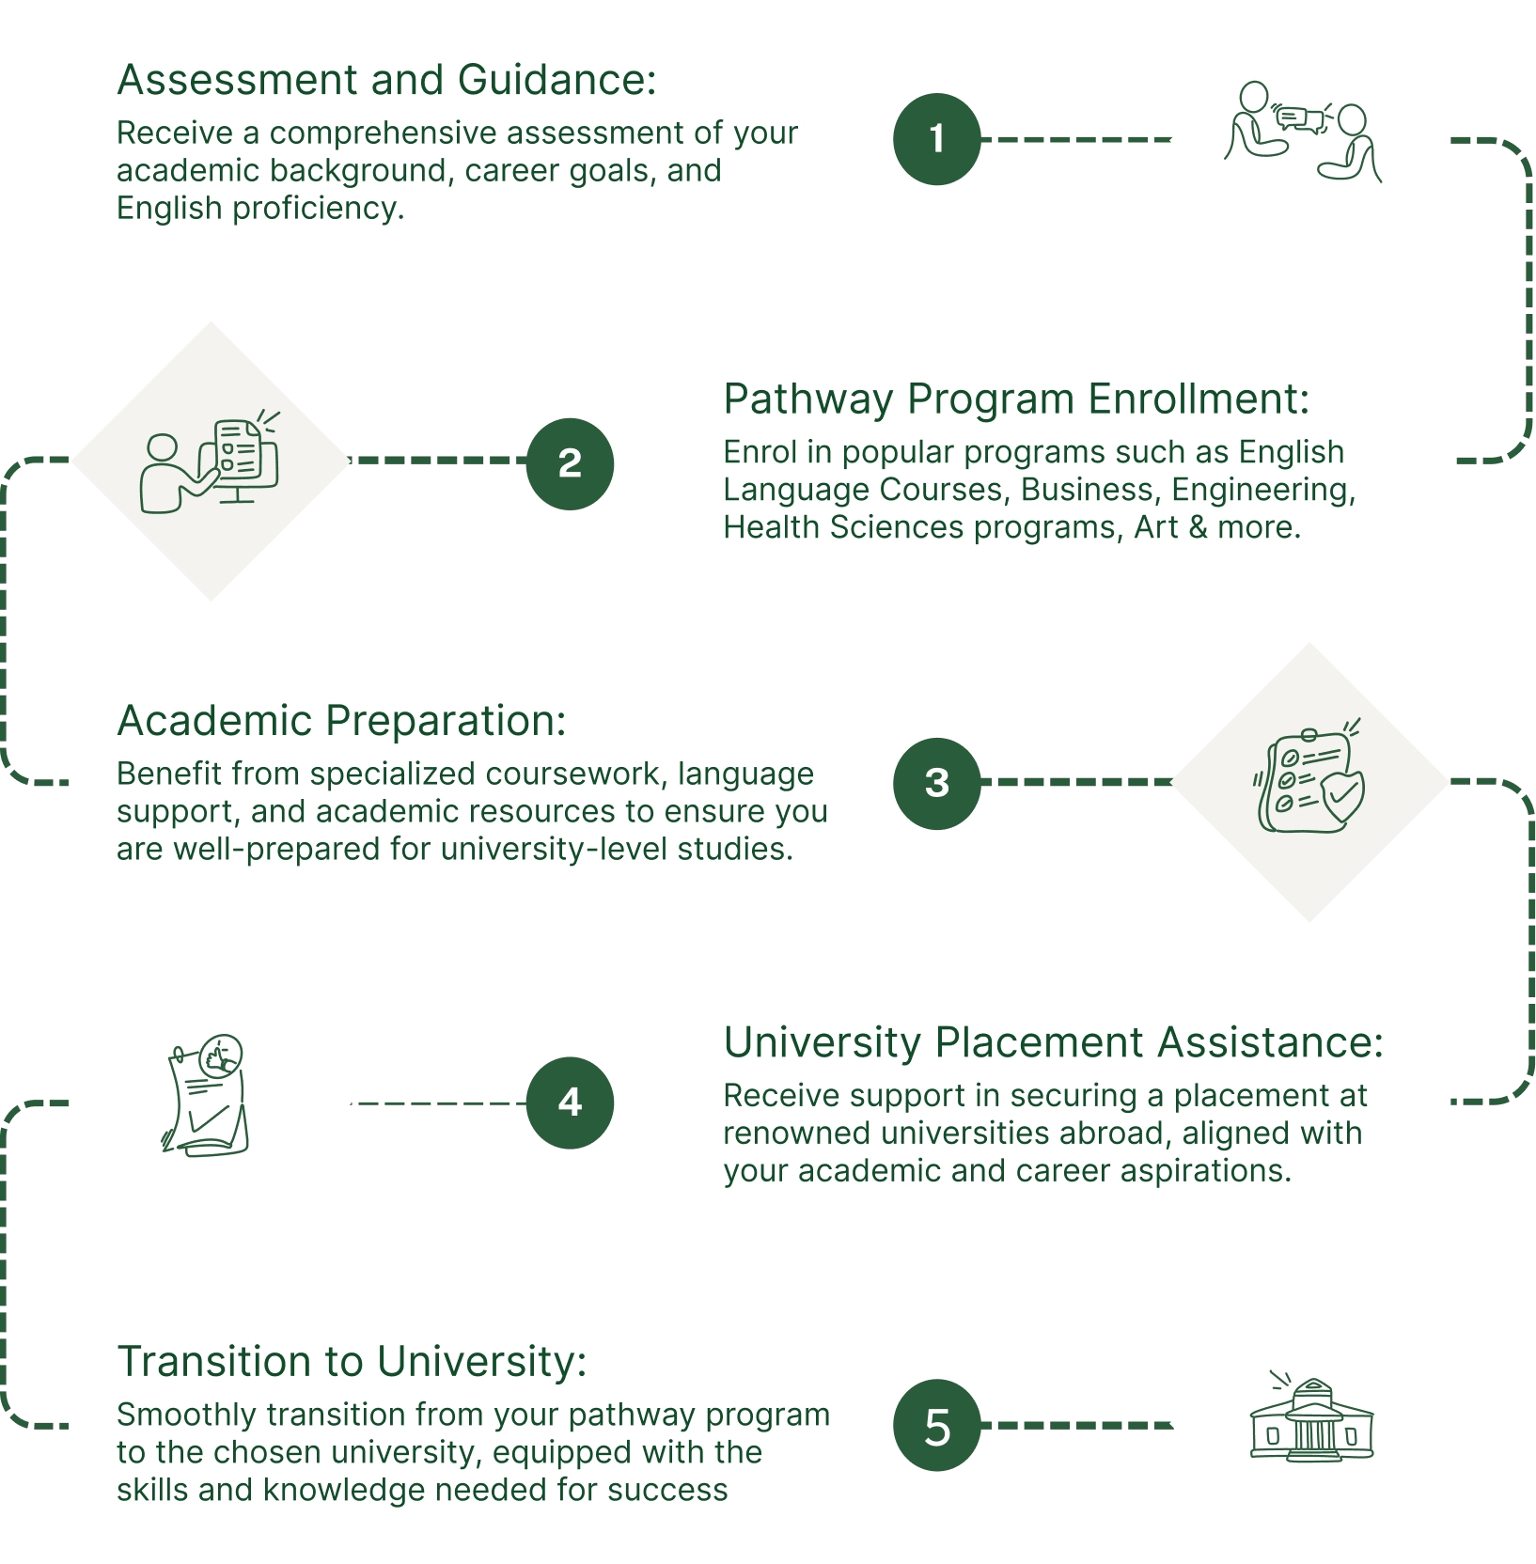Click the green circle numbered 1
click(x=936, y=139)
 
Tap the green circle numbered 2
click(x=570, y=463)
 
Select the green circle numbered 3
click(x=936, y=783)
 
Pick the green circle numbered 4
click(x=570, y=1103)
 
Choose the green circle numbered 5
click(x=936, y=1426)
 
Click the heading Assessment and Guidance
click(x=386, y=80)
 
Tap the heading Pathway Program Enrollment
click(x=1015, y=399)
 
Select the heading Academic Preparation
click(x=341, y=721)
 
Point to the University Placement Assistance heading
click(x=1053, y=1042)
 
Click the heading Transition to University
click(x=352, y=1362)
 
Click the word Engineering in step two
click(x=1262, y=491)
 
